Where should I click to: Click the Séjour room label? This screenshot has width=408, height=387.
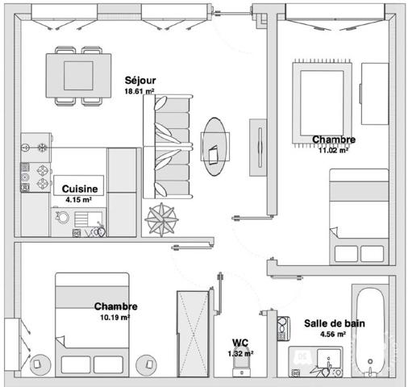(140, 81)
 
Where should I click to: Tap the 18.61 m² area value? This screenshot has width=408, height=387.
(139, 91)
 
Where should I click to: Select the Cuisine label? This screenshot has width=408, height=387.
(80, 189)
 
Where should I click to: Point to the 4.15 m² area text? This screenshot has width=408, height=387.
(78, 200)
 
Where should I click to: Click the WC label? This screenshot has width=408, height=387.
(240, 343)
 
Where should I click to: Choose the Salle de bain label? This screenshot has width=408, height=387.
(335, 323)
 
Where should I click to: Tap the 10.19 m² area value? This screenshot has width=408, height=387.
(115, 318)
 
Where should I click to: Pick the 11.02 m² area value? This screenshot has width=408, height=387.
(334, 150)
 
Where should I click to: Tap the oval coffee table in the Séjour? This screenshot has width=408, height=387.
(214, 147)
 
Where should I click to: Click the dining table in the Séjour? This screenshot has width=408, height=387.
(78, 76)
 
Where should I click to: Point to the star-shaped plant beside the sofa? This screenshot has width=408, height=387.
(161, 219)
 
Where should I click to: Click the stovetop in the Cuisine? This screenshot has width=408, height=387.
(35, 177)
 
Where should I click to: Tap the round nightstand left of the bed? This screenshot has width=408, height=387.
(40, 365)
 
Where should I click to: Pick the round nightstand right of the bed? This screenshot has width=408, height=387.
(147, 365)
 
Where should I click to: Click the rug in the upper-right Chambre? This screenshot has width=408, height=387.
(322, 103)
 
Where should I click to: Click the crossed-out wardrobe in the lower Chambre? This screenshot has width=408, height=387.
(193, 334)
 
